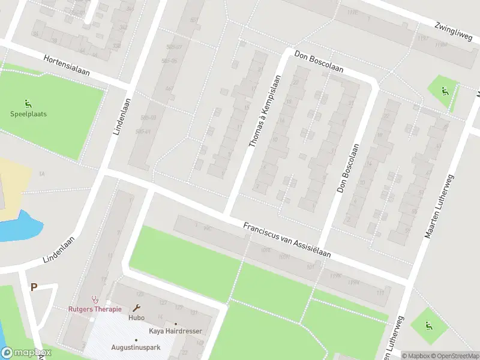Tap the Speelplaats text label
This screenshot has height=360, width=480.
(x=28, y=114)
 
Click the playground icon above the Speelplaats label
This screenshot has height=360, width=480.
(x=28, y=104)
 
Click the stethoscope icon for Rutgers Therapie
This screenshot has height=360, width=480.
(x=94, y=299)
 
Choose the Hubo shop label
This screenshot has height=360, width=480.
(x=136, y=318)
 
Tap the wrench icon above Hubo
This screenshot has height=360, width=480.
(x=136, y=308)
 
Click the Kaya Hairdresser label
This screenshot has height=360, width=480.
(x=175, y=331)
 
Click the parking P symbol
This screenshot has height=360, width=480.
(x=34, y=287)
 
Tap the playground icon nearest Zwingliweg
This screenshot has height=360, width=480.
(x=444, y=91)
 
